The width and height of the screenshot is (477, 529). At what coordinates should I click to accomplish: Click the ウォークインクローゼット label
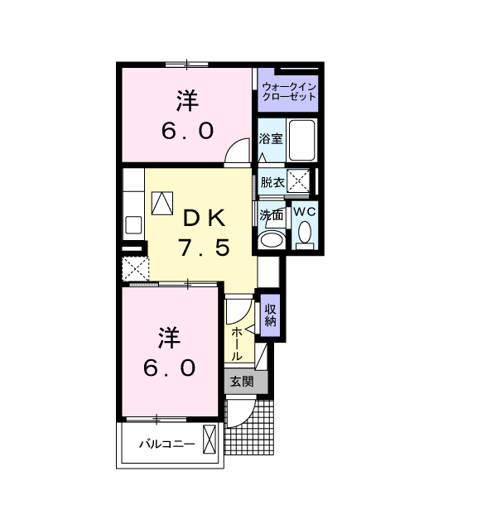coord(289,92)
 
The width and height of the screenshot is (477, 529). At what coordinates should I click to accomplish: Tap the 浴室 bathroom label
coord(271,138)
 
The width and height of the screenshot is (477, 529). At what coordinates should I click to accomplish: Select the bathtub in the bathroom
coord(301,141)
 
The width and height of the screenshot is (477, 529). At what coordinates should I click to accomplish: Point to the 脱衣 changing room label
coord(272,182)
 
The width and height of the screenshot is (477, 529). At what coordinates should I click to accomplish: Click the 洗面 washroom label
coord(271,214)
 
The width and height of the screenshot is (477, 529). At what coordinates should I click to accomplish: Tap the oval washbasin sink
coord(272,240)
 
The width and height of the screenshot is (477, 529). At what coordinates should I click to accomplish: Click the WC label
coord(305,212)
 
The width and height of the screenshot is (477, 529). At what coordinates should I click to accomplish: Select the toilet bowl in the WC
coord(306,232)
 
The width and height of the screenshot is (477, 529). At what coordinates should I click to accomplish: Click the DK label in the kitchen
coord(205,219)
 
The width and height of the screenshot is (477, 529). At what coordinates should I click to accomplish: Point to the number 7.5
coord(205,248)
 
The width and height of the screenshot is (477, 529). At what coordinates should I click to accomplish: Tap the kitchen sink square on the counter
coord(133,225)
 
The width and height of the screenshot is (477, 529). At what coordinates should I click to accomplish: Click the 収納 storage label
coord(270,315)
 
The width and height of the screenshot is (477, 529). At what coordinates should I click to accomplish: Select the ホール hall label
coord(237,344)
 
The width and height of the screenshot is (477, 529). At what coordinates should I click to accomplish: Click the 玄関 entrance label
coord(242,382)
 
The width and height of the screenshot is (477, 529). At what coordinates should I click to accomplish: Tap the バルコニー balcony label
coord(167,444)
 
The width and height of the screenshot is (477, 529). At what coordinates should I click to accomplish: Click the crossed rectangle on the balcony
coord(209,439)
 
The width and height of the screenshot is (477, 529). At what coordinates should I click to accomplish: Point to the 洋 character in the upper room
coord(187,100)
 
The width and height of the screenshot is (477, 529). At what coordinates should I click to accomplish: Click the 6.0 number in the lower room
coord(170,368)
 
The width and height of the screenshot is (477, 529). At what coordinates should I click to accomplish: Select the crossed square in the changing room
coord(298,180)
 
